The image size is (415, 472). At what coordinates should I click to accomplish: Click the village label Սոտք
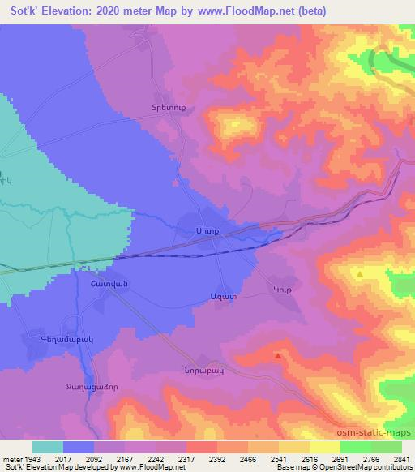click(x=207, y=231)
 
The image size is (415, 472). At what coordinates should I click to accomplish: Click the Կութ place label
click(x=281, y=291)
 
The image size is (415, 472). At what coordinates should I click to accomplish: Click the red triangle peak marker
click(x=278, y=355)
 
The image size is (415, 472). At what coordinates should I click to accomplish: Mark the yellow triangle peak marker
click(x=360, y=275)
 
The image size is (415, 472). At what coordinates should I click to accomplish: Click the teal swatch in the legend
click(x=48, y=447)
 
